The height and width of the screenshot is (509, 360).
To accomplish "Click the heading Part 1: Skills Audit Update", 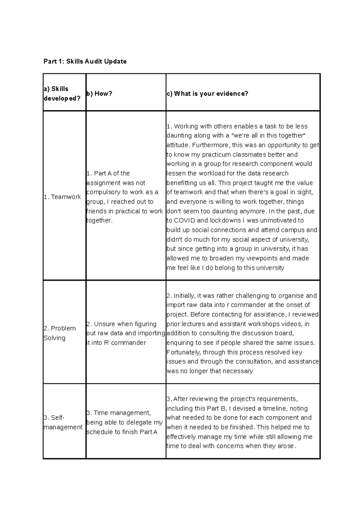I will coord(85,61).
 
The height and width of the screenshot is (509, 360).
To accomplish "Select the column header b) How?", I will coord(99,94).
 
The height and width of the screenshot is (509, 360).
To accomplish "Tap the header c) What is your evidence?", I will coord(207,94).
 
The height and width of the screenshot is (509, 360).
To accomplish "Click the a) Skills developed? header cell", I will coord(62,94).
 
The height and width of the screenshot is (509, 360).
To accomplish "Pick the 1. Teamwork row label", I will coord(62,197).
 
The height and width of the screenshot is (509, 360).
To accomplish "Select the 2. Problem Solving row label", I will coord(59,333).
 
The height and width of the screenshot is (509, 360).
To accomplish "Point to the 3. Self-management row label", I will coord(63,422).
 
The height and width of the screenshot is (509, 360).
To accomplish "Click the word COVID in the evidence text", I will coord(184,221).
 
